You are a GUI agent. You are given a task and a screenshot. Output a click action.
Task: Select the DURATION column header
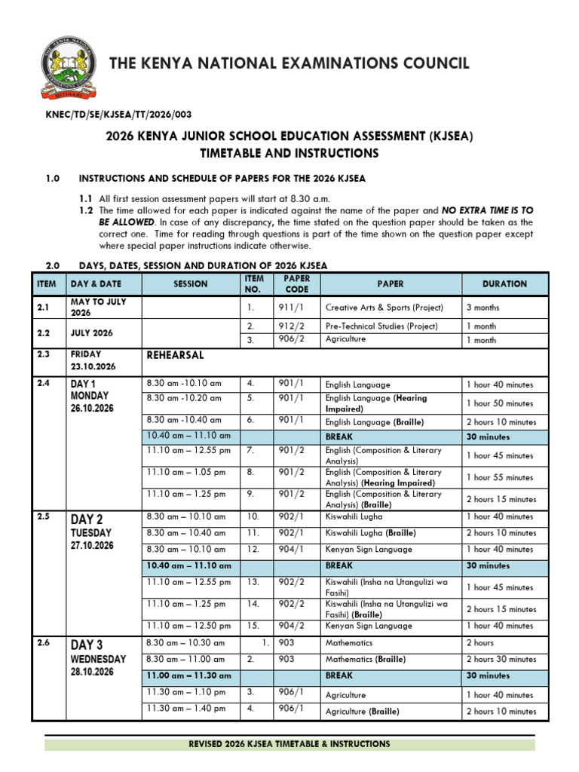click(x=504, y=284)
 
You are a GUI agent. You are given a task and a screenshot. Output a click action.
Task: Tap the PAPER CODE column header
click(x=296, y=284)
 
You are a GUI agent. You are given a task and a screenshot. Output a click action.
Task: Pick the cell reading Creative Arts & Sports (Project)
click(x=384, y=308)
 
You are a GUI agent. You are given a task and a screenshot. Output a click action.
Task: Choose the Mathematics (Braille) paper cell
click(x=365, y=660)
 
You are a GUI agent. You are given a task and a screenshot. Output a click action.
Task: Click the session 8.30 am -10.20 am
click(x=184, y=398)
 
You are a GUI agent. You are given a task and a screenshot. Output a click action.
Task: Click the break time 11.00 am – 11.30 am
click(x=188, y=676)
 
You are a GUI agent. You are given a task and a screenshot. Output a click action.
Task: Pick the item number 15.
click(x=253, y=626)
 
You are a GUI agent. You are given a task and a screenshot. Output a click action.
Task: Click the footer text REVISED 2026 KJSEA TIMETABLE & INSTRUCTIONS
click(x=289, y=744)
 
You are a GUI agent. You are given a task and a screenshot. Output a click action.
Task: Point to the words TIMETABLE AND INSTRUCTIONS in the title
click(x=289, y=153)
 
